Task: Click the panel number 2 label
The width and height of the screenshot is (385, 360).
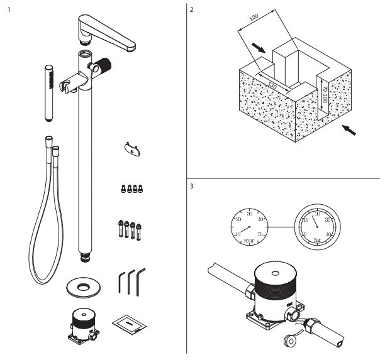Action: pyautogui.click(x=191, y=10)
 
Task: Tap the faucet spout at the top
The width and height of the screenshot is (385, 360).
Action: pyautogui.click(x=109, y=32)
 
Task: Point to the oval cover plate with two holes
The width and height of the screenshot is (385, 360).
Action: pyautogui.click(x=130, y=148)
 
